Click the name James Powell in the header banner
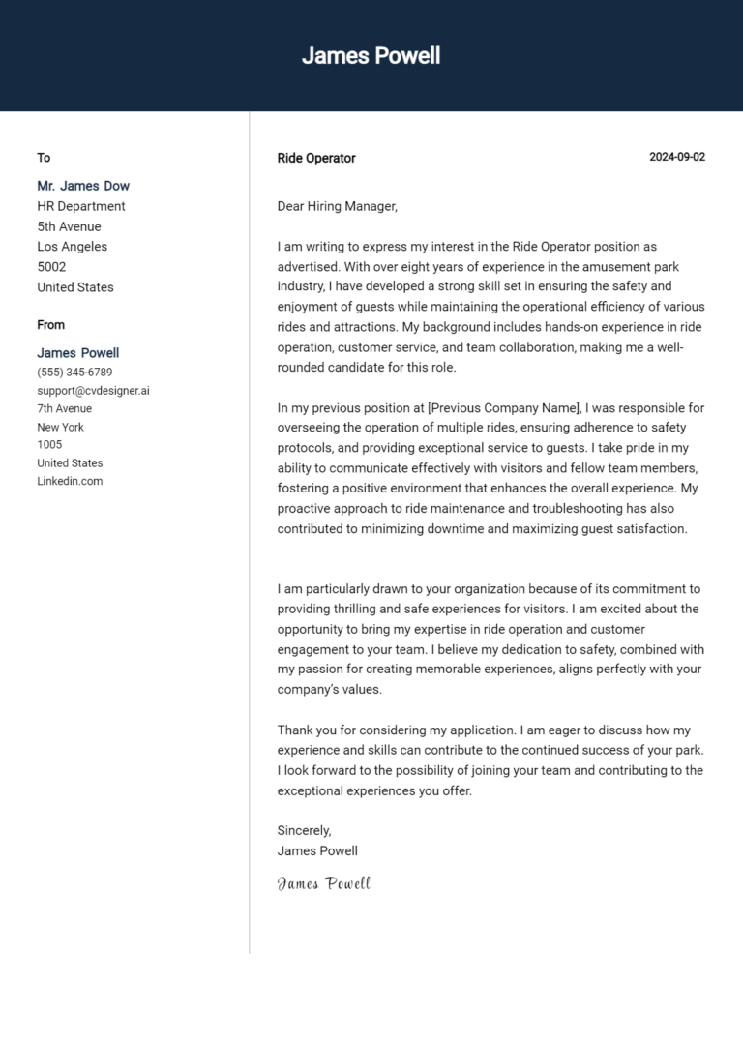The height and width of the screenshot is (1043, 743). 371,56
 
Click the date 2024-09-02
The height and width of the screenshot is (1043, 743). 677,157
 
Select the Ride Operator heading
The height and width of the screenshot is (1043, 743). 316,158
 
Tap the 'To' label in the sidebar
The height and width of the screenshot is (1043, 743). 44,158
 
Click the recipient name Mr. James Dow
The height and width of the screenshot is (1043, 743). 83,186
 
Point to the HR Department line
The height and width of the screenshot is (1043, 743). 81,206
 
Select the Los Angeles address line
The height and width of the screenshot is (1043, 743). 73,247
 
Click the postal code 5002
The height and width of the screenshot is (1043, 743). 51,267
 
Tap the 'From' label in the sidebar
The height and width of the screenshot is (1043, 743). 51,325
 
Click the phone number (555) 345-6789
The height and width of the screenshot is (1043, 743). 74,372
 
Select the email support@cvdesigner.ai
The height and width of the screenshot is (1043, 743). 93,391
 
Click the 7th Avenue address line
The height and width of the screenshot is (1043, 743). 65,408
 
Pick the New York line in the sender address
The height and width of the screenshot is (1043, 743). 60,427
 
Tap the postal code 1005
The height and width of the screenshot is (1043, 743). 49,445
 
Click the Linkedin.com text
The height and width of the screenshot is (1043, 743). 70,481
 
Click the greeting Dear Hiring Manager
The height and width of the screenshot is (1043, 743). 338,206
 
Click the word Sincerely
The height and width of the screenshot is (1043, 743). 304,830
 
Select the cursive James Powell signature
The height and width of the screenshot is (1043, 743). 323,883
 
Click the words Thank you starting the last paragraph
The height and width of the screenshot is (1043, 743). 305,730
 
